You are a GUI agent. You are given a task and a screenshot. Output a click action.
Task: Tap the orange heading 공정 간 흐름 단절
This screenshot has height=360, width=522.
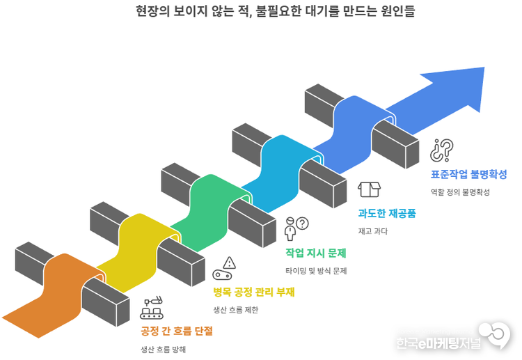(x=177, y=330)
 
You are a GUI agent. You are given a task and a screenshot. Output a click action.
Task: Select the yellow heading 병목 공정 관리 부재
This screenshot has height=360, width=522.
(x=254, y=291)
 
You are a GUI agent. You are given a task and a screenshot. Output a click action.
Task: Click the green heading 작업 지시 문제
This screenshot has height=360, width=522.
(x=316, y=252)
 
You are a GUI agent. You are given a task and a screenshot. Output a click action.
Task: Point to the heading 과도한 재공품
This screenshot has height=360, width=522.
(x=387, y=213)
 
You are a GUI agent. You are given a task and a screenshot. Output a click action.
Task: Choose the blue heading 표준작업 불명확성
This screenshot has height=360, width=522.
(x=468, y=173)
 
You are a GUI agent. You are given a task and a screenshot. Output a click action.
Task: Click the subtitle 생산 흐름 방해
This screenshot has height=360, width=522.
(x=163, y=349)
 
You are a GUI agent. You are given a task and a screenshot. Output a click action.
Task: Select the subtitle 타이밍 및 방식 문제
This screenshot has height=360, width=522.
(x=316, y=271)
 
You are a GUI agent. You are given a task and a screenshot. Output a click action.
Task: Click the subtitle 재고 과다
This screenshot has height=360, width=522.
(x=372, y=231)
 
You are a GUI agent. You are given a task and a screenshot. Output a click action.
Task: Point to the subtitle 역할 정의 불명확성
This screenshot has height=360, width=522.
(x=460, y=192)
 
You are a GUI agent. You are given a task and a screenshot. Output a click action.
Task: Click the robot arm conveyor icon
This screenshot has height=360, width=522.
(x=153, y=307)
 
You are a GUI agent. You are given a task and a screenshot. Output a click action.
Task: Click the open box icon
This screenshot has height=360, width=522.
(x=370, y=189)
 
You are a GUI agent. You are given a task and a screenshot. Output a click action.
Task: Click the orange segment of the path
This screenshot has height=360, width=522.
(x=59, y=285)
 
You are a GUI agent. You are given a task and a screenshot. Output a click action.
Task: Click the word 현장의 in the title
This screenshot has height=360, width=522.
(x=152, y=11)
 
